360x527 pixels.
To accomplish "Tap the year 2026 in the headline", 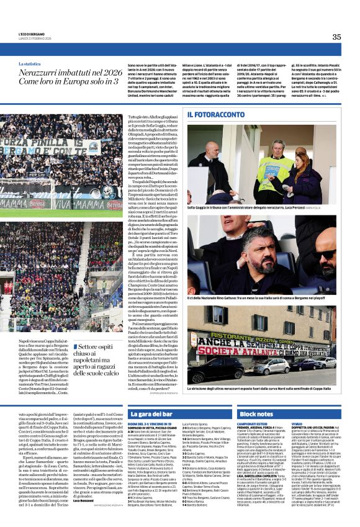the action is point(113,73).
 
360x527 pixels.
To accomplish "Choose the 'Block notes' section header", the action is point(256,414).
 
